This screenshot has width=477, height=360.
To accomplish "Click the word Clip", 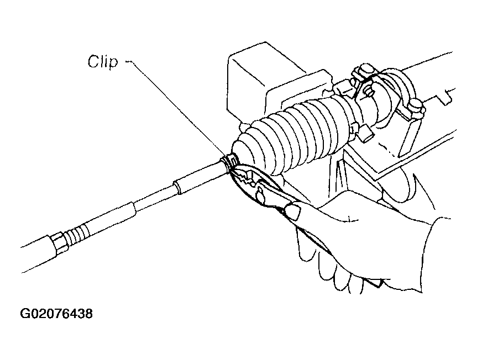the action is point(102,62).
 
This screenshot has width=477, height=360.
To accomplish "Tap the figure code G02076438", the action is point(56,314).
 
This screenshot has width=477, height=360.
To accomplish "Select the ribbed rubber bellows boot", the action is point(292,134).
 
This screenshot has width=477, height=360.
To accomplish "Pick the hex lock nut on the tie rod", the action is point(59,241).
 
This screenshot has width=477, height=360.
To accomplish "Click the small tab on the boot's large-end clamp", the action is point(365,133).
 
